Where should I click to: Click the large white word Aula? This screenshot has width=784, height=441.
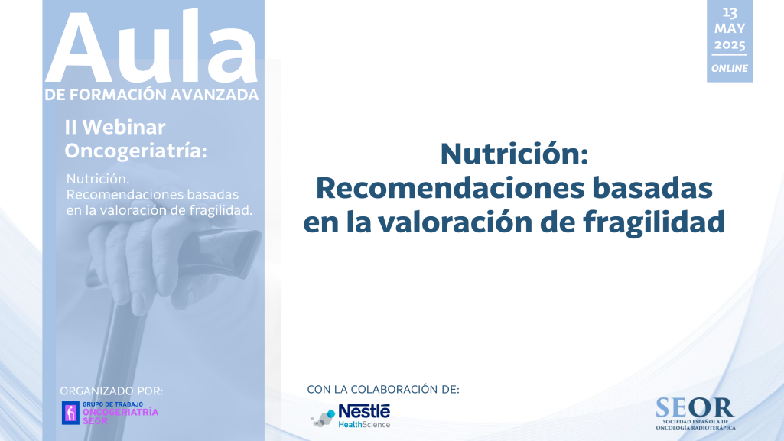[x=151, y=47]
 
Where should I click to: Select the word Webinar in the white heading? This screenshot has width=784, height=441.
[x=124, y=128]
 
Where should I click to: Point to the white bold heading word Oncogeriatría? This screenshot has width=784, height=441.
[x=135, y=151]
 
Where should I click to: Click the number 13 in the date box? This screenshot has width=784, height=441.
[x=730, y=12]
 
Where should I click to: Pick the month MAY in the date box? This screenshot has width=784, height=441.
[x=730, y=28]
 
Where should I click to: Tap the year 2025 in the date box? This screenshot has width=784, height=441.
[x=730, y=45]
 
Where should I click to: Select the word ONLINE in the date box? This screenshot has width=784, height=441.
[x=730, y=69]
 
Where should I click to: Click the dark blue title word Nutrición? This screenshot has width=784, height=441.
[x=514, y=154]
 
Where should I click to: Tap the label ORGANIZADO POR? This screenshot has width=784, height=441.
[x=112, y=391]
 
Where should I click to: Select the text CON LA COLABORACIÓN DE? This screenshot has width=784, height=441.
[x=383, y=390]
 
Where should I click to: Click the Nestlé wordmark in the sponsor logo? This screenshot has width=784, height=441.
[x=364, y=411]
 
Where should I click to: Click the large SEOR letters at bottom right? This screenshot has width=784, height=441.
[x=695, y=407]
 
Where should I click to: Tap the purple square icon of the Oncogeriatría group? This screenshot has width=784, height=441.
[x=70, y=413]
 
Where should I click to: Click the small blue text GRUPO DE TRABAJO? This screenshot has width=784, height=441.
[x=112, y=404]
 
